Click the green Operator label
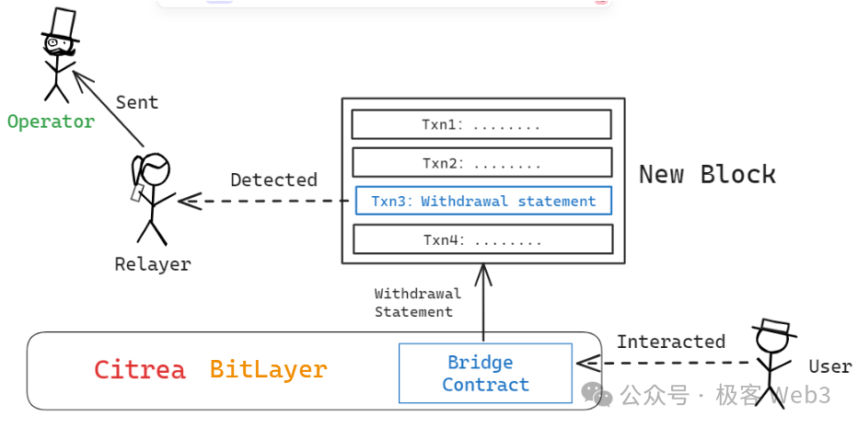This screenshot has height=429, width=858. (x=51, y=122)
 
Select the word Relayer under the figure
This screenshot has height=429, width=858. (x=153, y=264)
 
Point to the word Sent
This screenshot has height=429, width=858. (x=137, y=102)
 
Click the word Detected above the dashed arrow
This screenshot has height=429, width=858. (x=273, y=180)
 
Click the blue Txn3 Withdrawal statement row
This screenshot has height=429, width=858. (x=482, y=201)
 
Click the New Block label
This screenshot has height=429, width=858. (x=707, y=174)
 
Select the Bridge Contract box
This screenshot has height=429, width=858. (x=485, y=373)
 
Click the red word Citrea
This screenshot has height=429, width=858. (x=140, y=370)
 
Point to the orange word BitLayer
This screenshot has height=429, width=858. (x=268, y=370)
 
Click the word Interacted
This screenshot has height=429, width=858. (x=670, y=342)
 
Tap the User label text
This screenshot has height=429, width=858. (x=829, y=366)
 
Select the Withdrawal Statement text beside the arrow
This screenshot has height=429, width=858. (x=418, y=303)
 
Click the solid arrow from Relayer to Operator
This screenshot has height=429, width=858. (x=109, y=110)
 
